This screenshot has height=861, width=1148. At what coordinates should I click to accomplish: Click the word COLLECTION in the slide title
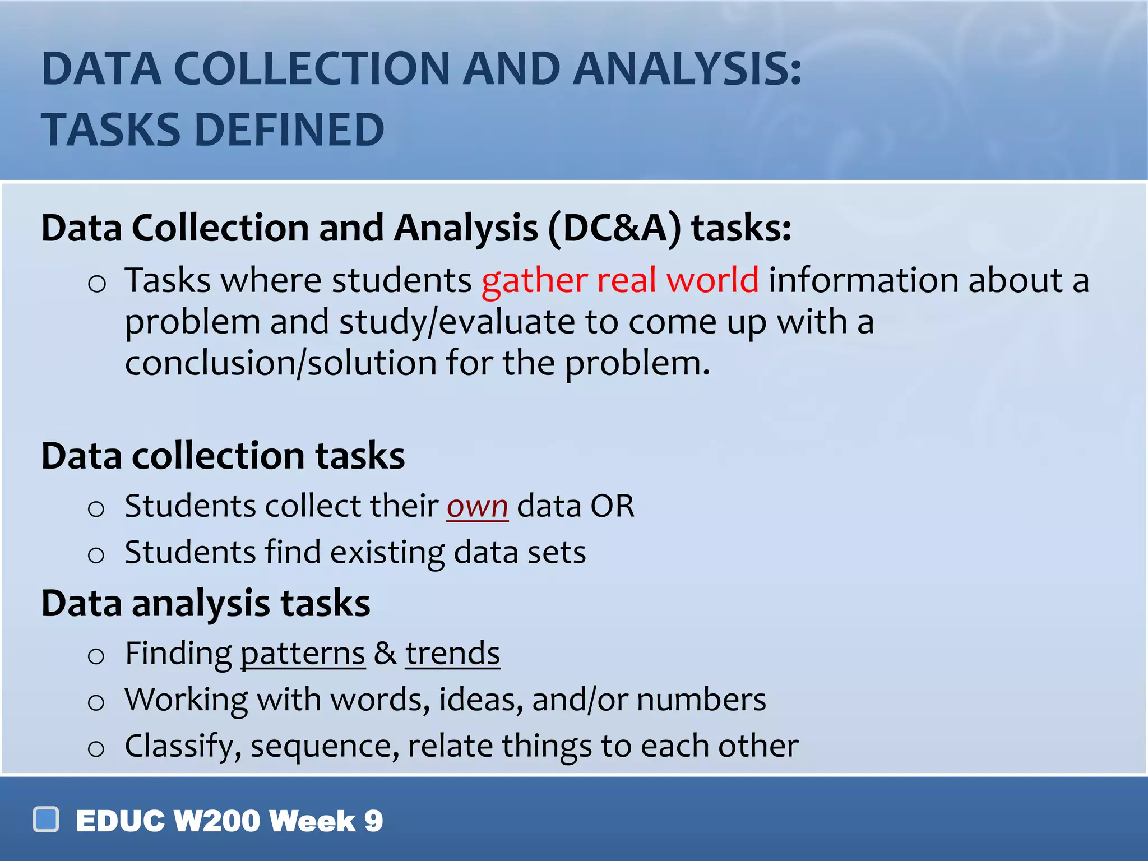312,69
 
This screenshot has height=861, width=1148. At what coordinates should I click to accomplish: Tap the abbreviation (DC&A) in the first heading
614,229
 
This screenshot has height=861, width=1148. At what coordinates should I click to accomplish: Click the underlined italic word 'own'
477,506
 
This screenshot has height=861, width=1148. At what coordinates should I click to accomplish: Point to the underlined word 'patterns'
303,654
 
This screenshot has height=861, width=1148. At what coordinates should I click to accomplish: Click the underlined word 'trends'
452,654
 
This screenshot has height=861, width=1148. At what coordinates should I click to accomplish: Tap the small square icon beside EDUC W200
46,820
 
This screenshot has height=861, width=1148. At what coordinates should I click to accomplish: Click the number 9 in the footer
373,821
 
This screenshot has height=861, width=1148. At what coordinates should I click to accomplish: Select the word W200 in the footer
217,821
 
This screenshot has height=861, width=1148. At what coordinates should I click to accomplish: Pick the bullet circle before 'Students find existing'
96,556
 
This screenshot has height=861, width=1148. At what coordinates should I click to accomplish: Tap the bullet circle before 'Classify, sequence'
96,749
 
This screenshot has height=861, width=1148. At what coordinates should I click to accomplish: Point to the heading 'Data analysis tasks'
206,604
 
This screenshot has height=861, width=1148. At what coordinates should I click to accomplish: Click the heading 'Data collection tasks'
223,455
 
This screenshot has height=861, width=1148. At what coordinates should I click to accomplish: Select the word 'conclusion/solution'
280,363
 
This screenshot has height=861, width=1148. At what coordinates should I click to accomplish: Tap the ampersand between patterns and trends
385,654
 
